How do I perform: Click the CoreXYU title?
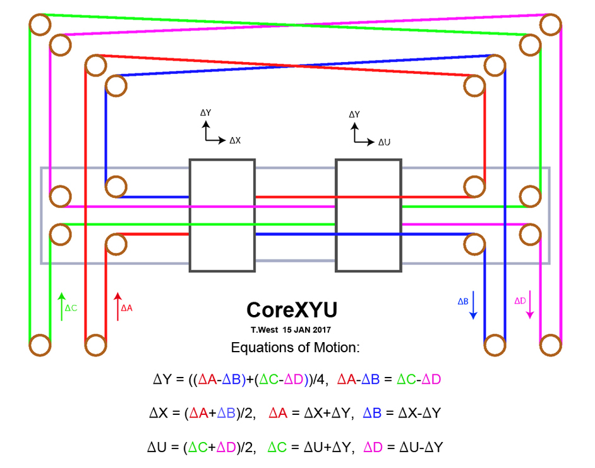point(291,310)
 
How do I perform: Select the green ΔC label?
point(71,308)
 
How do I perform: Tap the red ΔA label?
point(126,308)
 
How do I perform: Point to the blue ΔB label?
point(462,302)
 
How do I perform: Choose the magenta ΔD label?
point(519,301)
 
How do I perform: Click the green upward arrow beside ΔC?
point(61,307)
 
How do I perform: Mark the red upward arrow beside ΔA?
point(117,307)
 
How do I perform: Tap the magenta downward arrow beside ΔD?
point(531,304)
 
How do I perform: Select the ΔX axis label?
point(234,140)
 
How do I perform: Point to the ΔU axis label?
point(384,142)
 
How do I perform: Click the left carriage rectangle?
point(222,215)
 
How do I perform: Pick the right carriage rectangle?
point(368,215)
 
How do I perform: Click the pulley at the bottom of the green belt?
point(39,345)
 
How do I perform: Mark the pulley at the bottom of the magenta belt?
point(551,345)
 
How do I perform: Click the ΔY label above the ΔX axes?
point(205,113)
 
